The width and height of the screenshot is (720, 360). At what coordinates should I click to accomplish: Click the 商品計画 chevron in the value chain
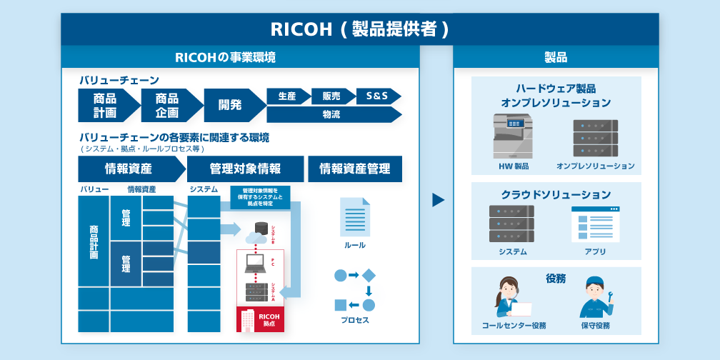coord(106,105)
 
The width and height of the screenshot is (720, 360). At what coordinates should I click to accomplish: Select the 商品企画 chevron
coord(168,105)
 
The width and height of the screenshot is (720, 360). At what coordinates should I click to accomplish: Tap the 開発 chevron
coord(231,105)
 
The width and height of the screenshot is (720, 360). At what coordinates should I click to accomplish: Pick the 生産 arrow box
coord(287,96)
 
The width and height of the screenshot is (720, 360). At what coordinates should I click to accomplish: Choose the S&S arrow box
coord(377,96)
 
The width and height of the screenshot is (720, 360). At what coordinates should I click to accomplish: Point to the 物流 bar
coord(331,114)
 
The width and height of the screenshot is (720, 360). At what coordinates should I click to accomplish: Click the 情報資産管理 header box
coord(355,169)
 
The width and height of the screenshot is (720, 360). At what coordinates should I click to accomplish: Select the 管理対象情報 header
coord(245,169)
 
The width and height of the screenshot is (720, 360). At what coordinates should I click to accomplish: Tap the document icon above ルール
coord(355,216)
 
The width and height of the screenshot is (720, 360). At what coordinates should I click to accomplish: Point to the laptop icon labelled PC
coord(255,264)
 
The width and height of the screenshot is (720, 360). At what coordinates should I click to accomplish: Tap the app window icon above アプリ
coord(595,224)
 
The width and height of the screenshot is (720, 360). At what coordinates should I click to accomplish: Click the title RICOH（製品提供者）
coord(359,29)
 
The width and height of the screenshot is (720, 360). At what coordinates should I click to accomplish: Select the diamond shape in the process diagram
coord(369,275)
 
